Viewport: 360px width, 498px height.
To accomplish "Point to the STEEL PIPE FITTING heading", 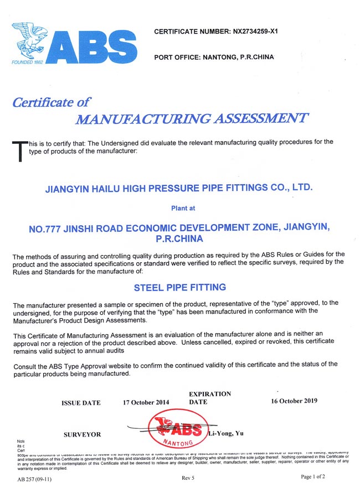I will [180, 288].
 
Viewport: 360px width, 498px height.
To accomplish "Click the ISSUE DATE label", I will [81, 403].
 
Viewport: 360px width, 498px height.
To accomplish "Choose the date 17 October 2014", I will [146, 402].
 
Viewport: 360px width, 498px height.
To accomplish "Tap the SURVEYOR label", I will [82, 435].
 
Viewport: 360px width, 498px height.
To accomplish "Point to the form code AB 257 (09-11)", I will [34, 479].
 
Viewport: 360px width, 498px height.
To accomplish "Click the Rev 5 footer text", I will [188, 478].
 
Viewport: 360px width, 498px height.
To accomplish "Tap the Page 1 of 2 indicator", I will [313, 476].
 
